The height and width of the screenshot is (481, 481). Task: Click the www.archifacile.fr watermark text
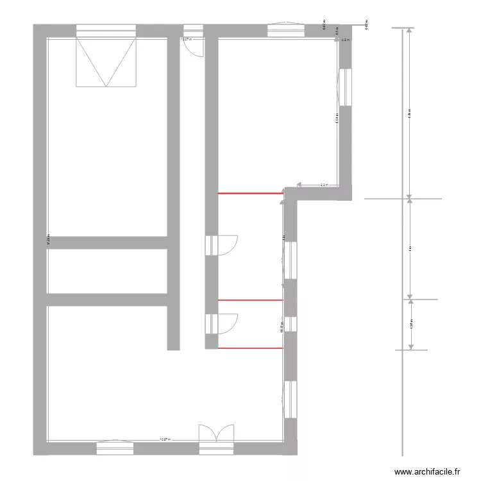(428, 471)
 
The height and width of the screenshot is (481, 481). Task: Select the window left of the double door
(115, 447)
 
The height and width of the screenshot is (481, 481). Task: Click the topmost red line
(251, 192)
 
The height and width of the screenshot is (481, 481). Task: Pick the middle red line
(251, 300)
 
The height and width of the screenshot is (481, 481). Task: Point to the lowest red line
(251, 348)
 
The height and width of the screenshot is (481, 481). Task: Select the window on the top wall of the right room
(287, 31)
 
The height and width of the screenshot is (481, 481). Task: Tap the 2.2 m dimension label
(324, 185)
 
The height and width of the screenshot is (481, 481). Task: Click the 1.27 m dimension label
(186, 39)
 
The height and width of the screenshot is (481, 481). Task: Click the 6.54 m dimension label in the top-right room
(337, 118)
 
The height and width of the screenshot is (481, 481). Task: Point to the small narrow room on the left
(107, 271)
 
